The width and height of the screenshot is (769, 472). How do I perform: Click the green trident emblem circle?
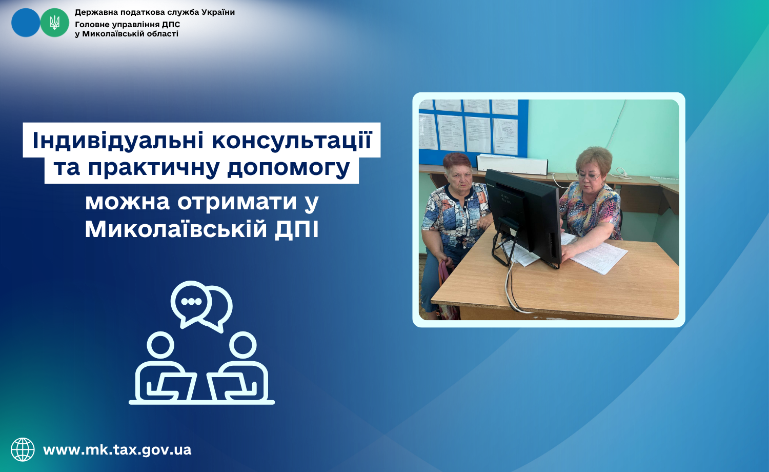(x=54, y=23)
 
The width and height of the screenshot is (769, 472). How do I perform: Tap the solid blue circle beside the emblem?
(x=26, y=23)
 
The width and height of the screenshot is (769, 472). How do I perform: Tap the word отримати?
(x=237, y=203)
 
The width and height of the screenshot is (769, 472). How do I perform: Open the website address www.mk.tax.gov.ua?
(x=117, y=449)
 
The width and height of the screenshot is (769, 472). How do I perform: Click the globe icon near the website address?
(x=23, y=449)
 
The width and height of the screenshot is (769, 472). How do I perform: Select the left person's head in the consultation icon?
(x=160, y=345)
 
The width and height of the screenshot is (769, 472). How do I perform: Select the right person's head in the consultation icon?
(x=242, y=345)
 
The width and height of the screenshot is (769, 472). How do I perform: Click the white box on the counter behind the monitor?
(x=512, y=164)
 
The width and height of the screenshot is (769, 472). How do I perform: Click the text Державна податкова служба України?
(x=155, y=12)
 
